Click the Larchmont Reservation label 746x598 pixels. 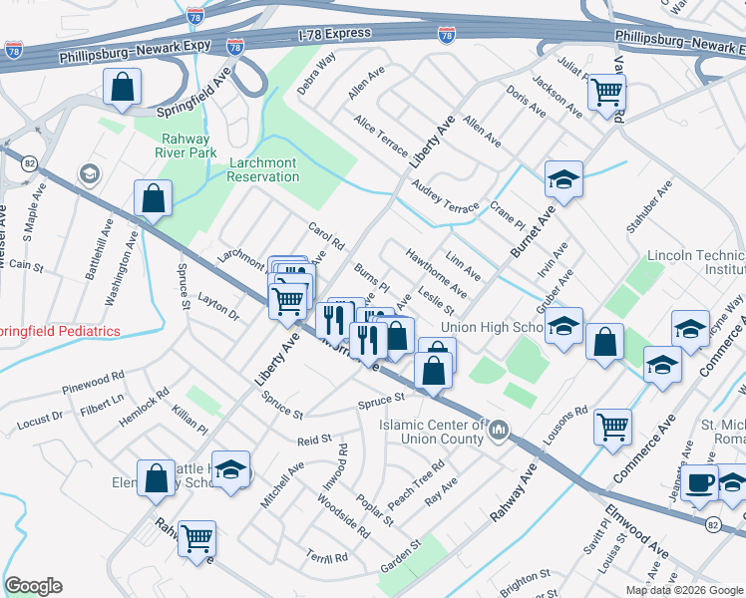click(x=263, y=169)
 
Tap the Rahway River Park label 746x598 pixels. click(x=186, y=145)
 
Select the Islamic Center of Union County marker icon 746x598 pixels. click(x=500, y=431)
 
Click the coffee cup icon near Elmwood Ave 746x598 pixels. click(x=700, y=482)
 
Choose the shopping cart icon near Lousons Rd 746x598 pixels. click(x=612, y=426)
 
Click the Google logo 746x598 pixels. click(x=34, y=586)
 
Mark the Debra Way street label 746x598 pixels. click(x=316, y=72)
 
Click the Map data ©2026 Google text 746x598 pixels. click(x=684, y=590)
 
